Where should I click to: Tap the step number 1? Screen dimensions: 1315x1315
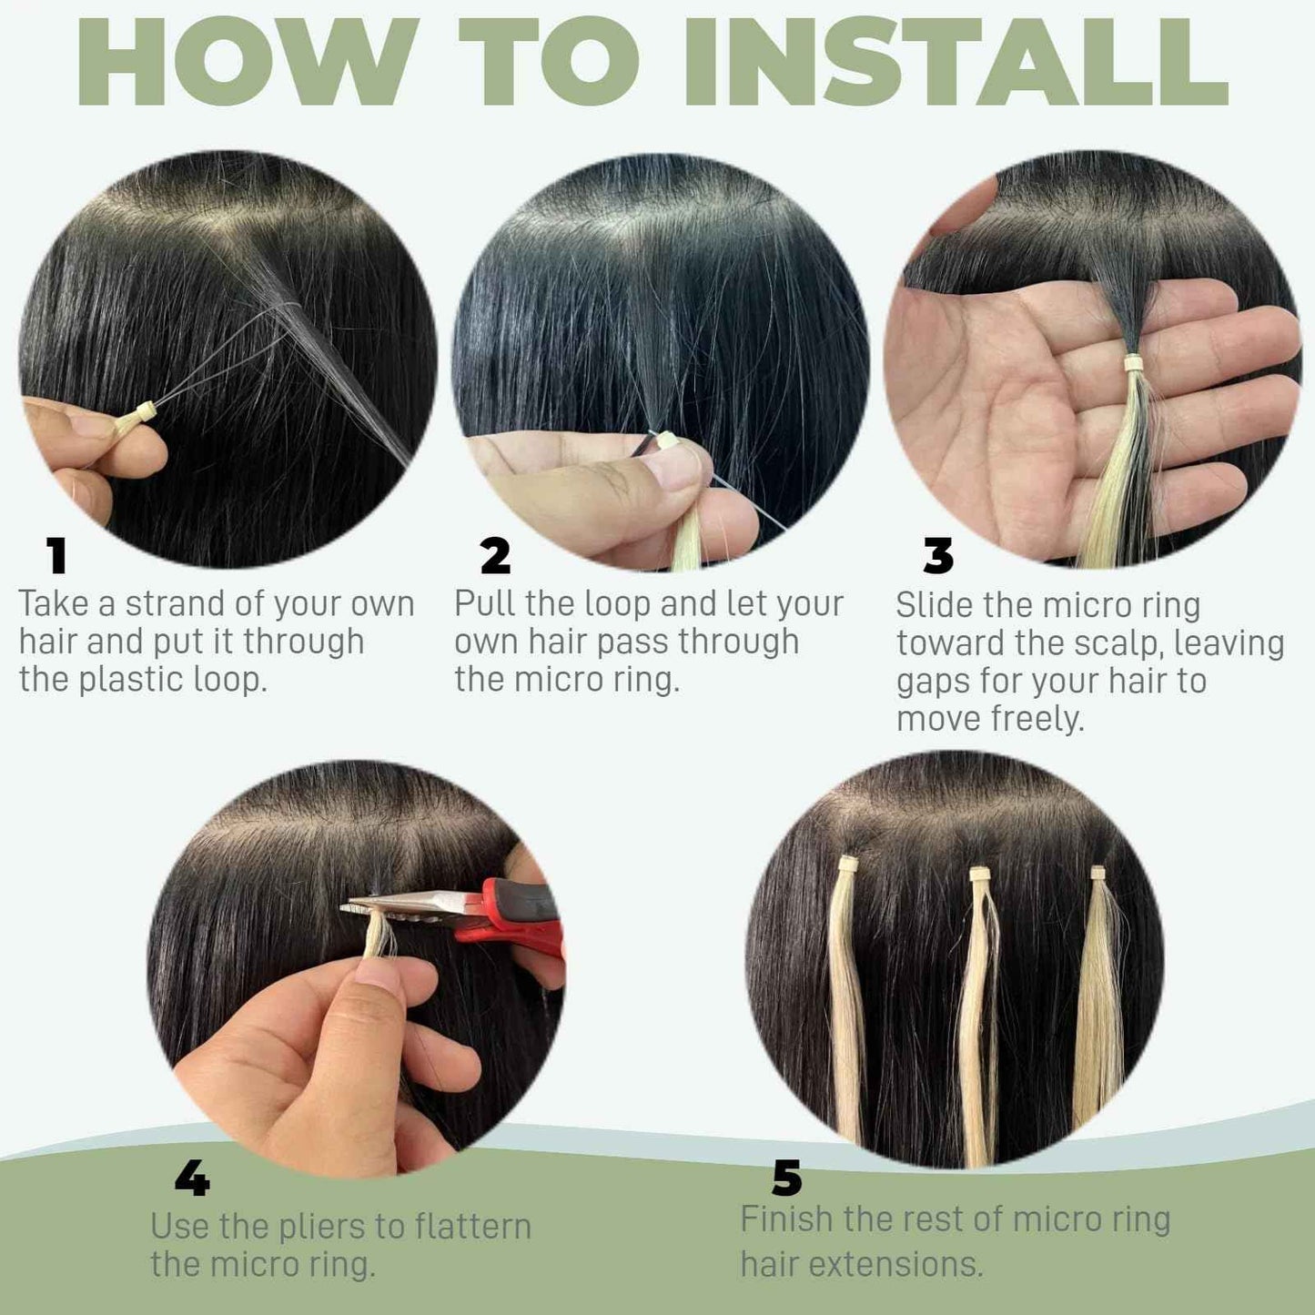56,556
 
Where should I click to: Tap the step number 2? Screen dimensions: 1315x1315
495,556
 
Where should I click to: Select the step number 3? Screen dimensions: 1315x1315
938,556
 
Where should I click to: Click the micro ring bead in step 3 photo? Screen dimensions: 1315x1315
1134,363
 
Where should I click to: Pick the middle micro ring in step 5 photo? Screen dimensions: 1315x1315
980,875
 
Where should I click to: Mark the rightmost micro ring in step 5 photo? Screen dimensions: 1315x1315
1098,873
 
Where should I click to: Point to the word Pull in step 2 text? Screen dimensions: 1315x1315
485,604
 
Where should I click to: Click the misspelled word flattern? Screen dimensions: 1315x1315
470,1226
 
